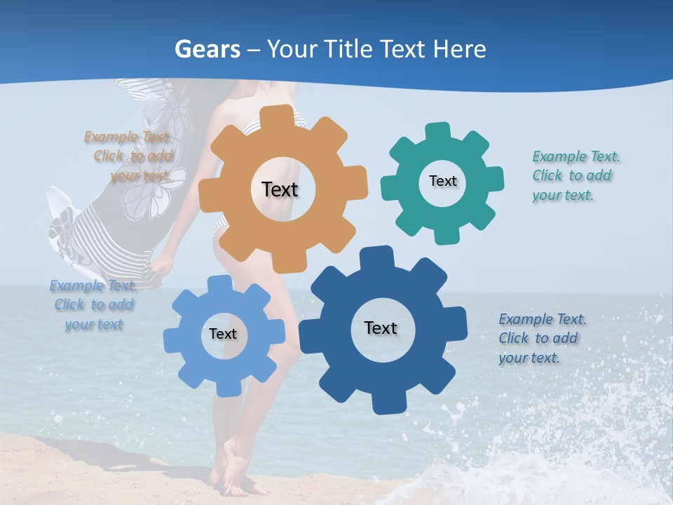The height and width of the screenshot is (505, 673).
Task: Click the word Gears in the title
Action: (x=206, y=49)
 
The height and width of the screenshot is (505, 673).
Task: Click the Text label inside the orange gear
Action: (x=280, y=189)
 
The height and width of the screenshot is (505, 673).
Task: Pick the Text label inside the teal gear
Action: (x=442, y=181)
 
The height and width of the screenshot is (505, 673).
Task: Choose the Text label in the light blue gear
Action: (x=222, y=334)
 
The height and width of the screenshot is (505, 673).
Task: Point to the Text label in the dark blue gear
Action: (x=381, y=328)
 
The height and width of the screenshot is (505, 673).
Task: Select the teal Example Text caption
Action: (x=576, y=175)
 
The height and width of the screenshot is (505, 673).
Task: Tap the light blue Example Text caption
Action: (x=94, y=304)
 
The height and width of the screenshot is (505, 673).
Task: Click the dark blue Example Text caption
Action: (x=542, y=338)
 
